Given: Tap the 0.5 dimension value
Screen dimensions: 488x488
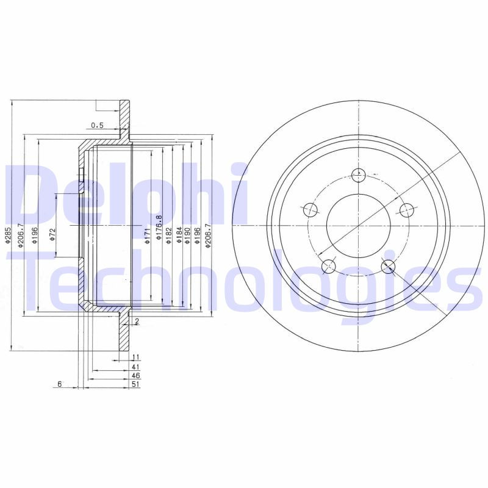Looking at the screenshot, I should [x=97, y=126].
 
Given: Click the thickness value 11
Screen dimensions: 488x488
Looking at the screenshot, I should [x=136, y=357].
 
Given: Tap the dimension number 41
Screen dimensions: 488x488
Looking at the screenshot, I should [x=136, y=367].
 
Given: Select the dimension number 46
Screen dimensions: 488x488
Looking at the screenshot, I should [x=136, y=376].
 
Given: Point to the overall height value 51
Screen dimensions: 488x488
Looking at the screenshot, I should [x=136, y=385].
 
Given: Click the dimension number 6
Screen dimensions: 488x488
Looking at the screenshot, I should [x=60, y=384].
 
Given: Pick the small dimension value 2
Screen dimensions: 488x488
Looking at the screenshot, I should [x=137, y=321].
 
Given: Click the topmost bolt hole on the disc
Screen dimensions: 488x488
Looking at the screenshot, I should [x=359, y=175].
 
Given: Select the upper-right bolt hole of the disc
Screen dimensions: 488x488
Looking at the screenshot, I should [x=406, y=210].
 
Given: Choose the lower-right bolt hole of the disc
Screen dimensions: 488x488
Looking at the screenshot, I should [x=388, y=266].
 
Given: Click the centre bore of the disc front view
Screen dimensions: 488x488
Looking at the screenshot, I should [x=359, y=226].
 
